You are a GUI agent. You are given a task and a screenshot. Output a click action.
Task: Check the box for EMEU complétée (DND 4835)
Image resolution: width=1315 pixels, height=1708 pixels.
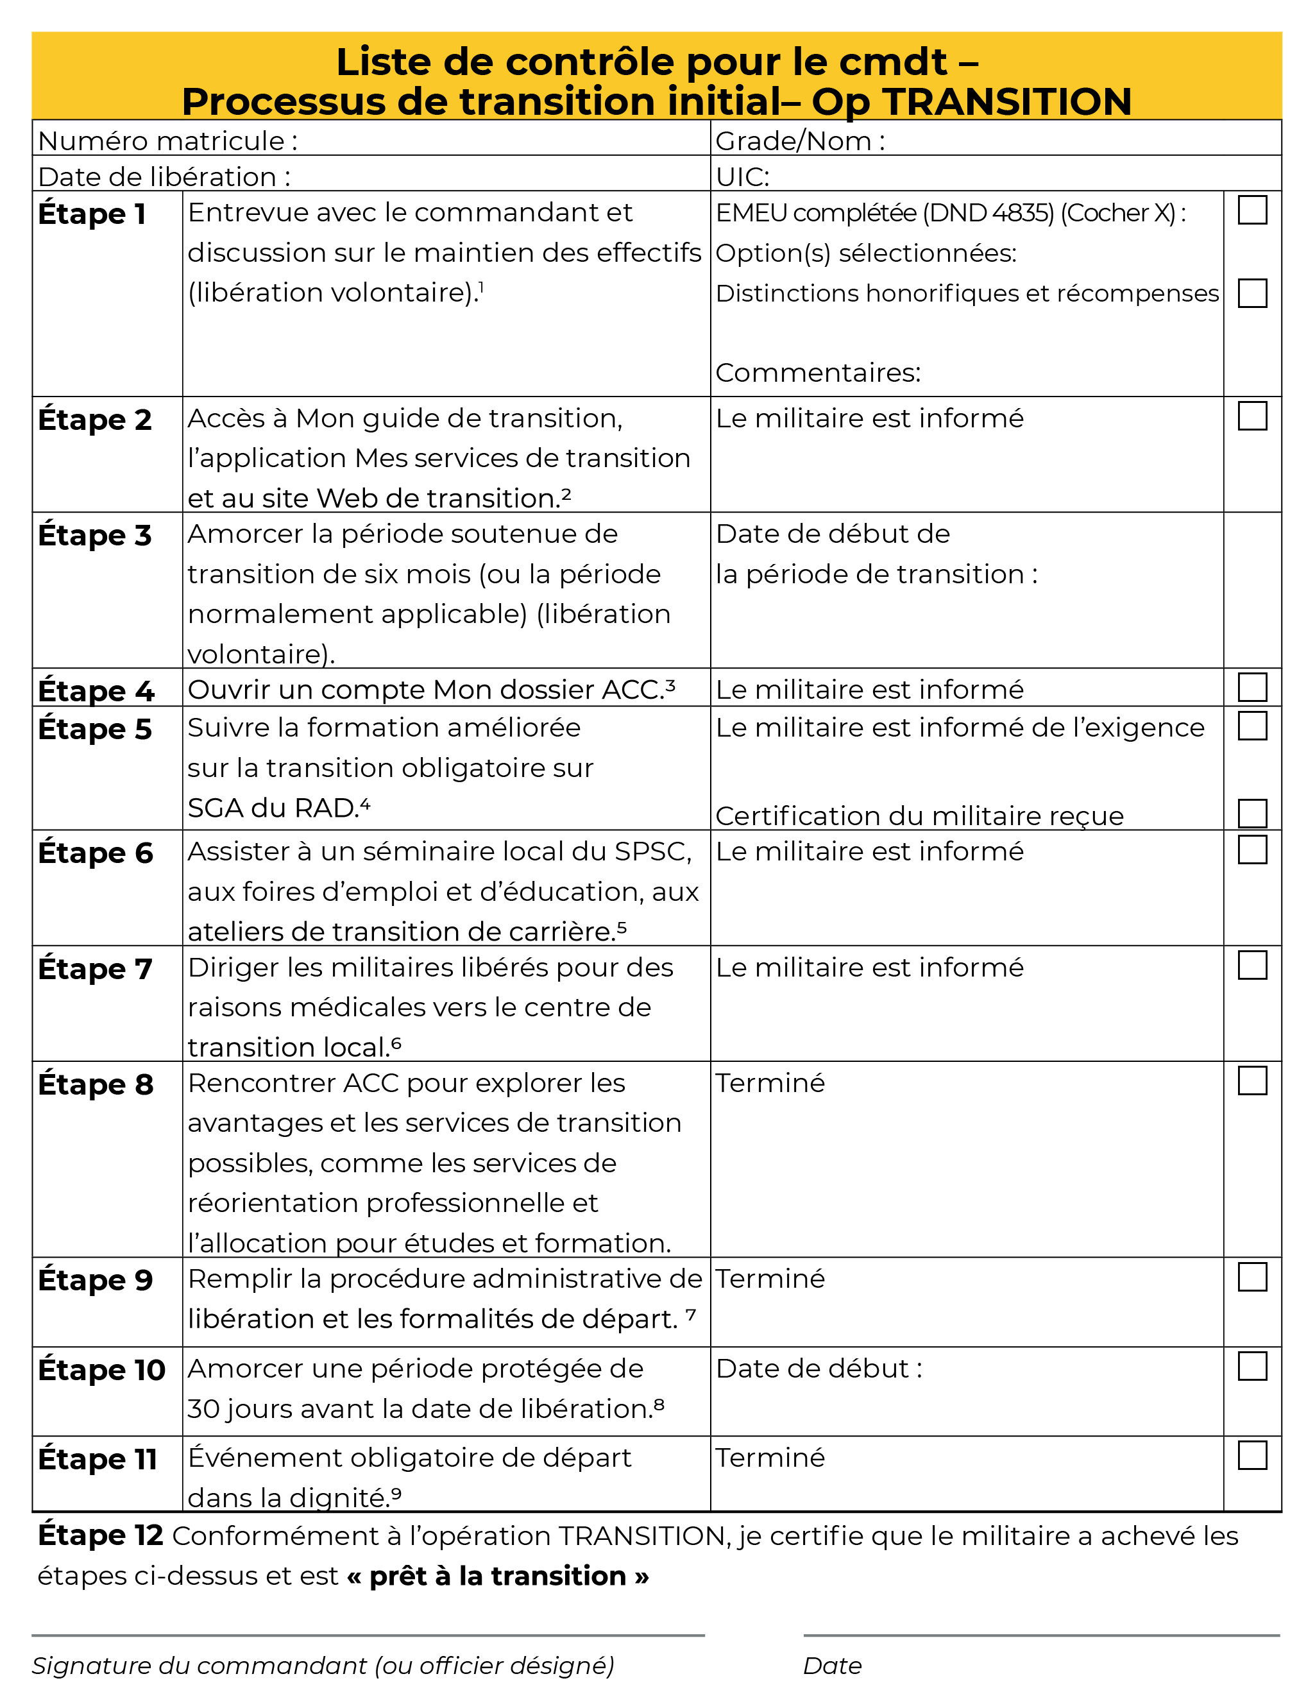(1251, 210)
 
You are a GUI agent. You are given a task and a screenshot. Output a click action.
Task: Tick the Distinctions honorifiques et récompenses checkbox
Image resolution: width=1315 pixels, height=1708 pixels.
(1251, 293)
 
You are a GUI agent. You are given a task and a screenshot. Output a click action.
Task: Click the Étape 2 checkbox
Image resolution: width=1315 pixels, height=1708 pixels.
(1251, 416)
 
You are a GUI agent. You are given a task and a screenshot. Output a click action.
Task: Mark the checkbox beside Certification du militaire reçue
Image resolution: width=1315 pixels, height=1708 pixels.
(1251, 814)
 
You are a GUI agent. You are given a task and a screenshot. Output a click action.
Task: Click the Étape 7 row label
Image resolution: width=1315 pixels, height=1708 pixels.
(94, 969)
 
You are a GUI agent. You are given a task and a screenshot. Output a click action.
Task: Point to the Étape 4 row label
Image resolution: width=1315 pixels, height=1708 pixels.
(96, 690)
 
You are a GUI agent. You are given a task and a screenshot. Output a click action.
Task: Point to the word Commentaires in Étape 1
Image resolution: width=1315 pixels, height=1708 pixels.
(818, 372)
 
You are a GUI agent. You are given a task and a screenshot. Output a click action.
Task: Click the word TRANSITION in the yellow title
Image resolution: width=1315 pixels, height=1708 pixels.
(1006, 101)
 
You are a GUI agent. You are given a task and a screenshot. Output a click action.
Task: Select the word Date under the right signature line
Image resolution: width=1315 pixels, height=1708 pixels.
(832, 1665)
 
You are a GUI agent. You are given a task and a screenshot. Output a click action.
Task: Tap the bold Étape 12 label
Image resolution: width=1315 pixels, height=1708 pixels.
(100, 1535)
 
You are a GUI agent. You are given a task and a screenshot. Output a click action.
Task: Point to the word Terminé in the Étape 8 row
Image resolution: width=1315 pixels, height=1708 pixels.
(770, 1083)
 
